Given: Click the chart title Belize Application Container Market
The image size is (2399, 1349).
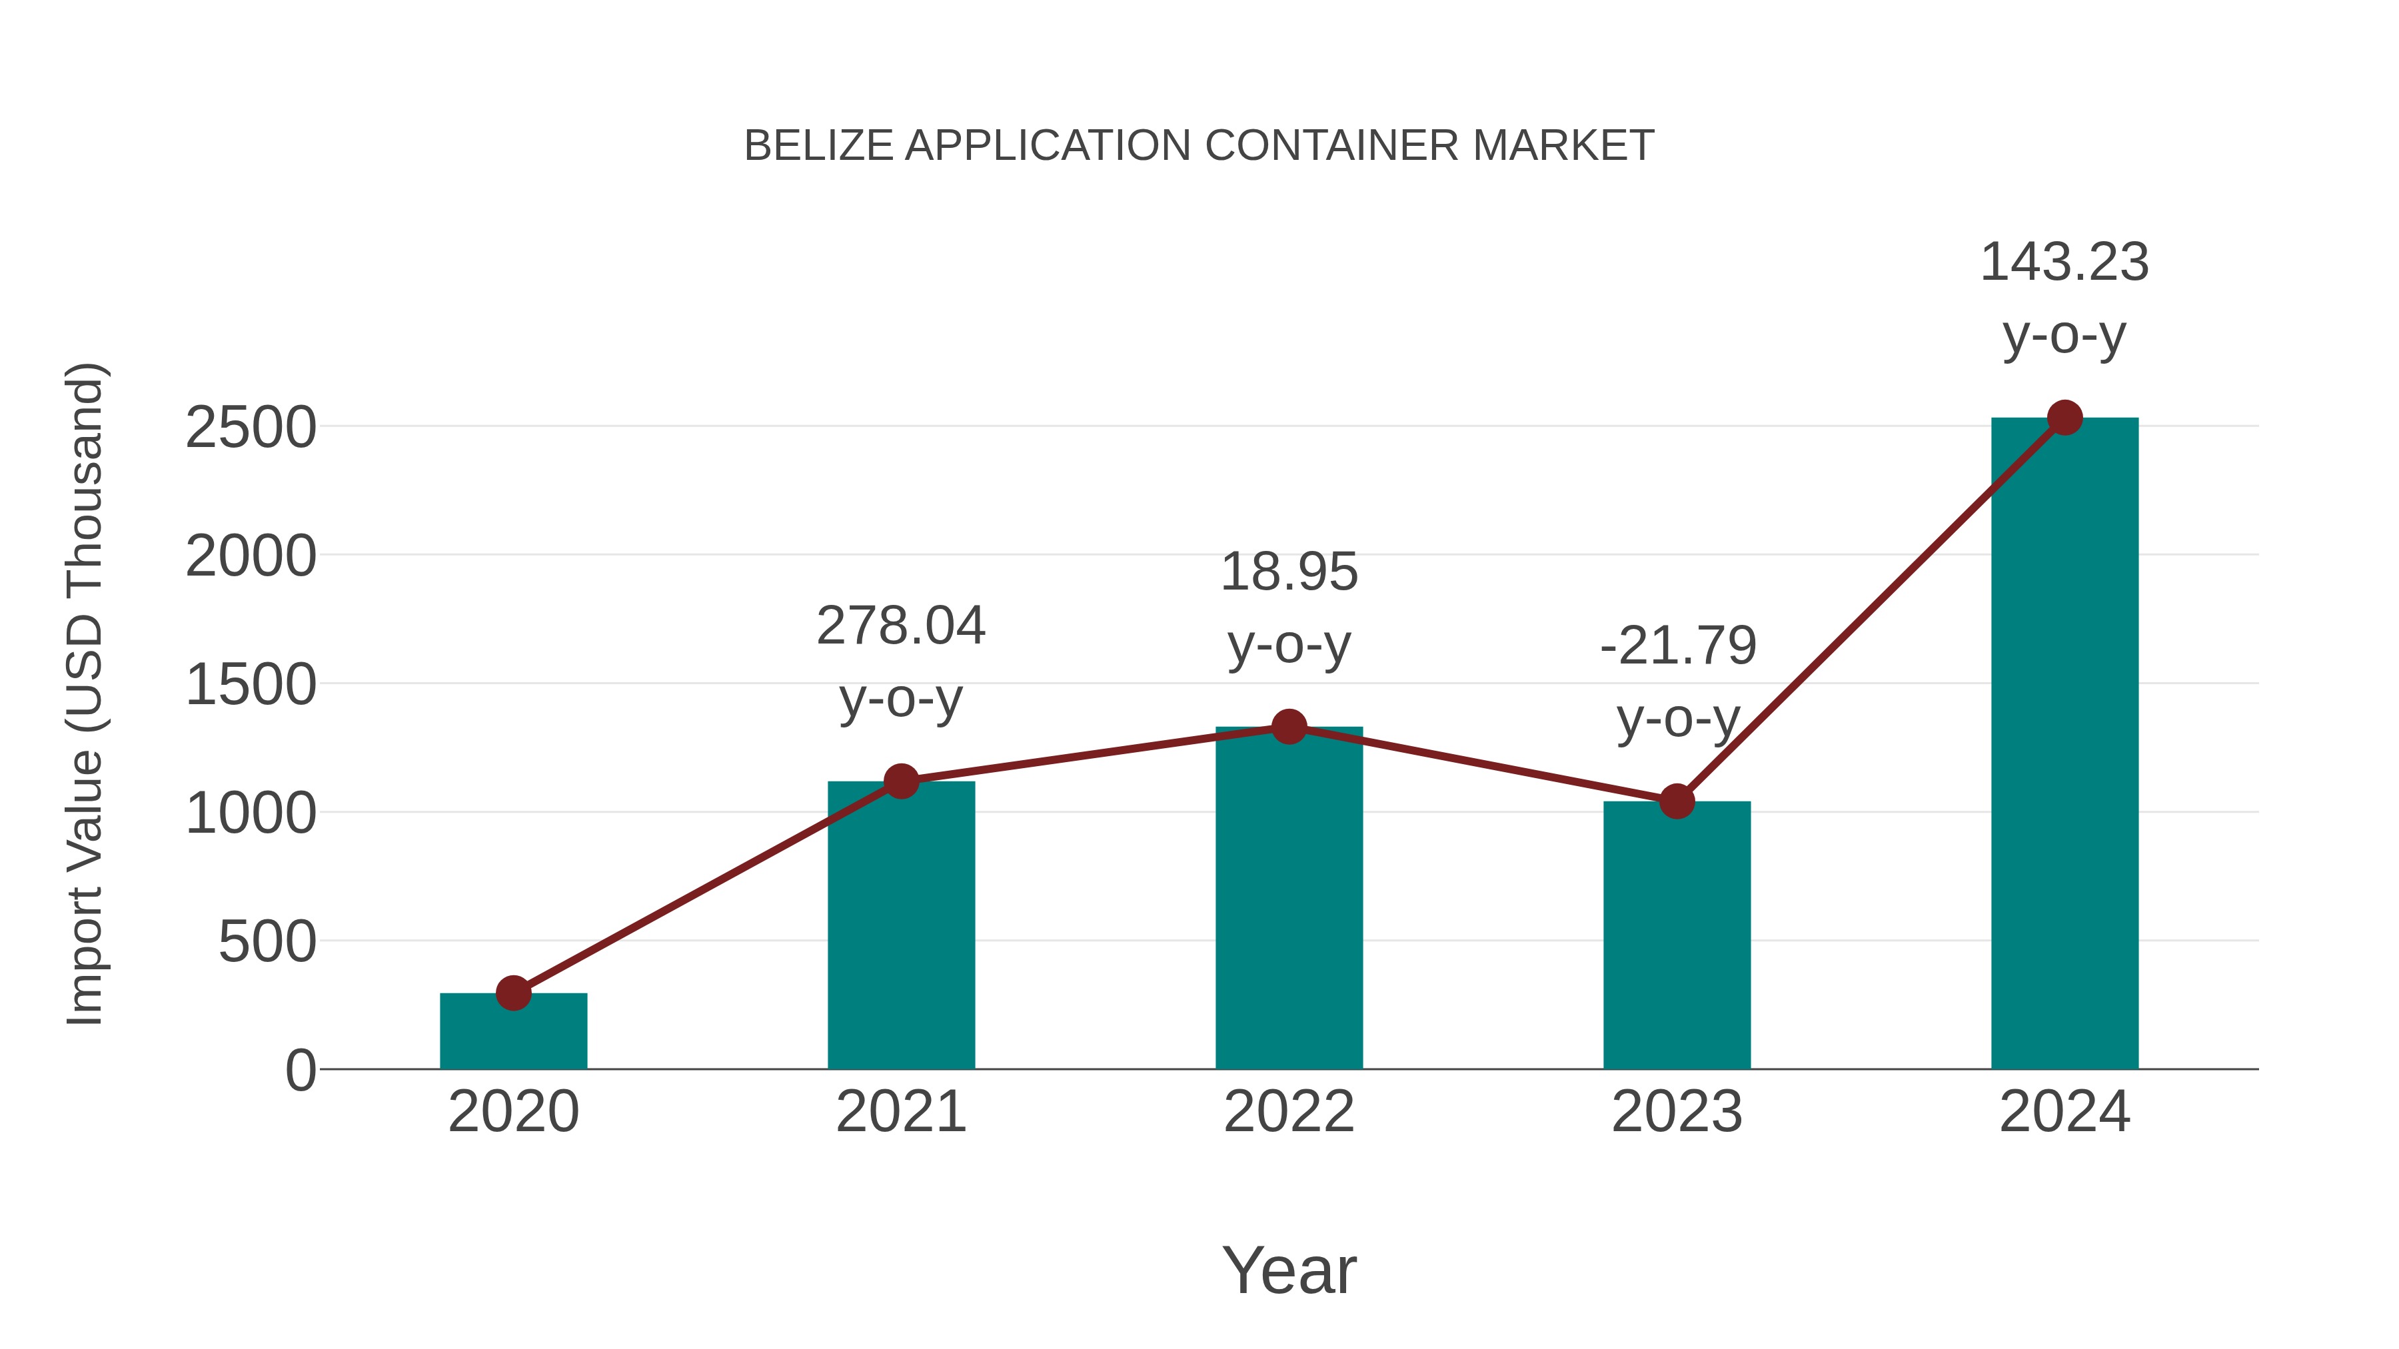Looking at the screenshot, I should click(x=1199, y=146).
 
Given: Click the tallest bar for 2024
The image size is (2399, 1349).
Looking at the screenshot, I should click(x=2064, y=745).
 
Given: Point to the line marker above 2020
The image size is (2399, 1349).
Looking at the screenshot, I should click(x=513, y=993).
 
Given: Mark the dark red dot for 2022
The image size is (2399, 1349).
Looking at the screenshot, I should click(x=1289, y=726).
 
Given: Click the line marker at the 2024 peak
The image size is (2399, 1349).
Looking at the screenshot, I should click(x=2064, y=418).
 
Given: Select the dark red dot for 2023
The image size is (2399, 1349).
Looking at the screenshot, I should click(x=1677, y=801).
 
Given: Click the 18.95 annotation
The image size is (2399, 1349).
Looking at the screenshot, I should click(x=1289, y=572).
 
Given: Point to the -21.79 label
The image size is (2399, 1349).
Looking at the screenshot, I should click(x=1677, y=646).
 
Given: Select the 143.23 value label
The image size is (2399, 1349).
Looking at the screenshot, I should click(x=2064, y=262).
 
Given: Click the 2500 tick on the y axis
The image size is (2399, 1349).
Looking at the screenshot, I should click(x=251, y=428).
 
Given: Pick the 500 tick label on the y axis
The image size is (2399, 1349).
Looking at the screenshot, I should click(x=267, y=942).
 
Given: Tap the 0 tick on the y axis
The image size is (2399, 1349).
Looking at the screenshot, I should click(x=300, y=1071).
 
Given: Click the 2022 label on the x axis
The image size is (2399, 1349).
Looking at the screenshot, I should click(x=1289, y=1112).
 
